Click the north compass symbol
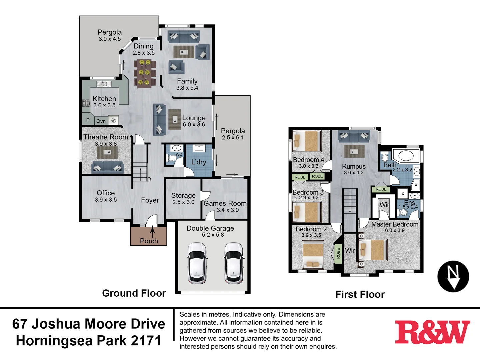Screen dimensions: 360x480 point(453,276)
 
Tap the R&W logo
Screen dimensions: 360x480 point(432,332)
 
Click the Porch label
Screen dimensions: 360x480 point(149,241)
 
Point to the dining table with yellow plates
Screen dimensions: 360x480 point(144,72)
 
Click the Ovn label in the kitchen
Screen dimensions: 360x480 point(101,121)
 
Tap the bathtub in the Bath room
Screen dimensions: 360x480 point(406,156)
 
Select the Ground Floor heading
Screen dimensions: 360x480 point(134,293)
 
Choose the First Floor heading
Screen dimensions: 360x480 point(360,294)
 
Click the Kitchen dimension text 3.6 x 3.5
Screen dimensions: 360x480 point(104,105)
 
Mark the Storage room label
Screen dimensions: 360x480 point(183,196)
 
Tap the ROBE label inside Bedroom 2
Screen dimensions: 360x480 point(338,253)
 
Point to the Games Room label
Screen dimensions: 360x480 point(225,203)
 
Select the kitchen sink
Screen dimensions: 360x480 point(104,84)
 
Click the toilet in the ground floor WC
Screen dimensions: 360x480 point(172,158)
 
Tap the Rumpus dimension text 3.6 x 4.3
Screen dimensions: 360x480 point(354,173)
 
